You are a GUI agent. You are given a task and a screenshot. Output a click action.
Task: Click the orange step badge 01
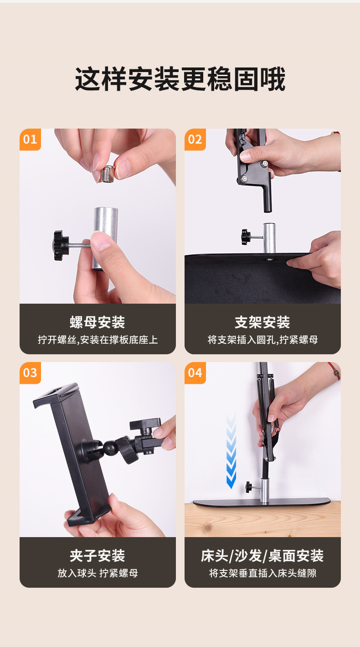30,140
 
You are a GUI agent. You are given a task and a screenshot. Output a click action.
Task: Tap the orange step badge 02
195,140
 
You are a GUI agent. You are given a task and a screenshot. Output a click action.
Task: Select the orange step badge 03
30,373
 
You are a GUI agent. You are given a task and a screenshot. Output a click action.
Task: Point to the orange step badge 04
195,373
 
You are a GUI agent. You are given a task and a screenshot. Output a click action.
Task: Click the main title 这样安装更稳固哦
180,79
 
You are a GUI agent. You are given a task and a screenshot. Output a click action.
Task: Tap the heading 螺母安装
98,322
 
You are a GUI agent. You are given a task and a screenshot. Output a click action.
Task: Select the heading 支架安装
262,322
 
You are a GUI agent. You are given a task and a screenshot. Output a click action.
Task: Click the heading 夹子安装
98,555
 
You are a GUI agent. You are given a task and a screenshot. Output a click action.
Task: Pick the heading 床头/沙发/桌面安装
262,555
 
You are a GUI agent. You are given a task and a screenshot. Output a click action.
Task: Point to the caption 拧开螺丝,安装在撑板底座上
98,340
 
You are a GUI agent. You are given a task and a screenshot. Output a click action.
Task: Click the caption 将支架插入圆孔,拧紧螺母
262,340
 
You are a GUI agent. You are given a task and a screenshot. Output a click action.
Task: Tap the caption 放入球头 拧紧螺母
98,573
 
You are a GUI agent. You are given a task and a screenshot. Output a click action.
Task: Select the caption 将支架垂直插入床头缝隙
262,573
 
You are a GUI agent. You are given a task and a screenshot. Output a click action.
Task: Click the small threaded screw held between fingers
108,174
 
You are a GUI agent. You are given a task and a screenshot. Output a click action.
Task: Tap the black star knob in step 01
60,245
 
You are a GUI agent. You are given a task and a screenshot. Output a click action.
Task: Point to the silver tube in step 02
269,238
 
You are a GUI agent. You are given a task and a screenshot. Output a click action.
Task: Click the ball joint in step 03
110,447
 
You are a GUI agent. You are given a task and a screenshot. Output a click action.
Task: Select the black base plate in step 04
262,502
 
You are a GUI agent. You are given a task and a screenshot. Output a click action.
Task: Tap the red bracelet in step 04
335,371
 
